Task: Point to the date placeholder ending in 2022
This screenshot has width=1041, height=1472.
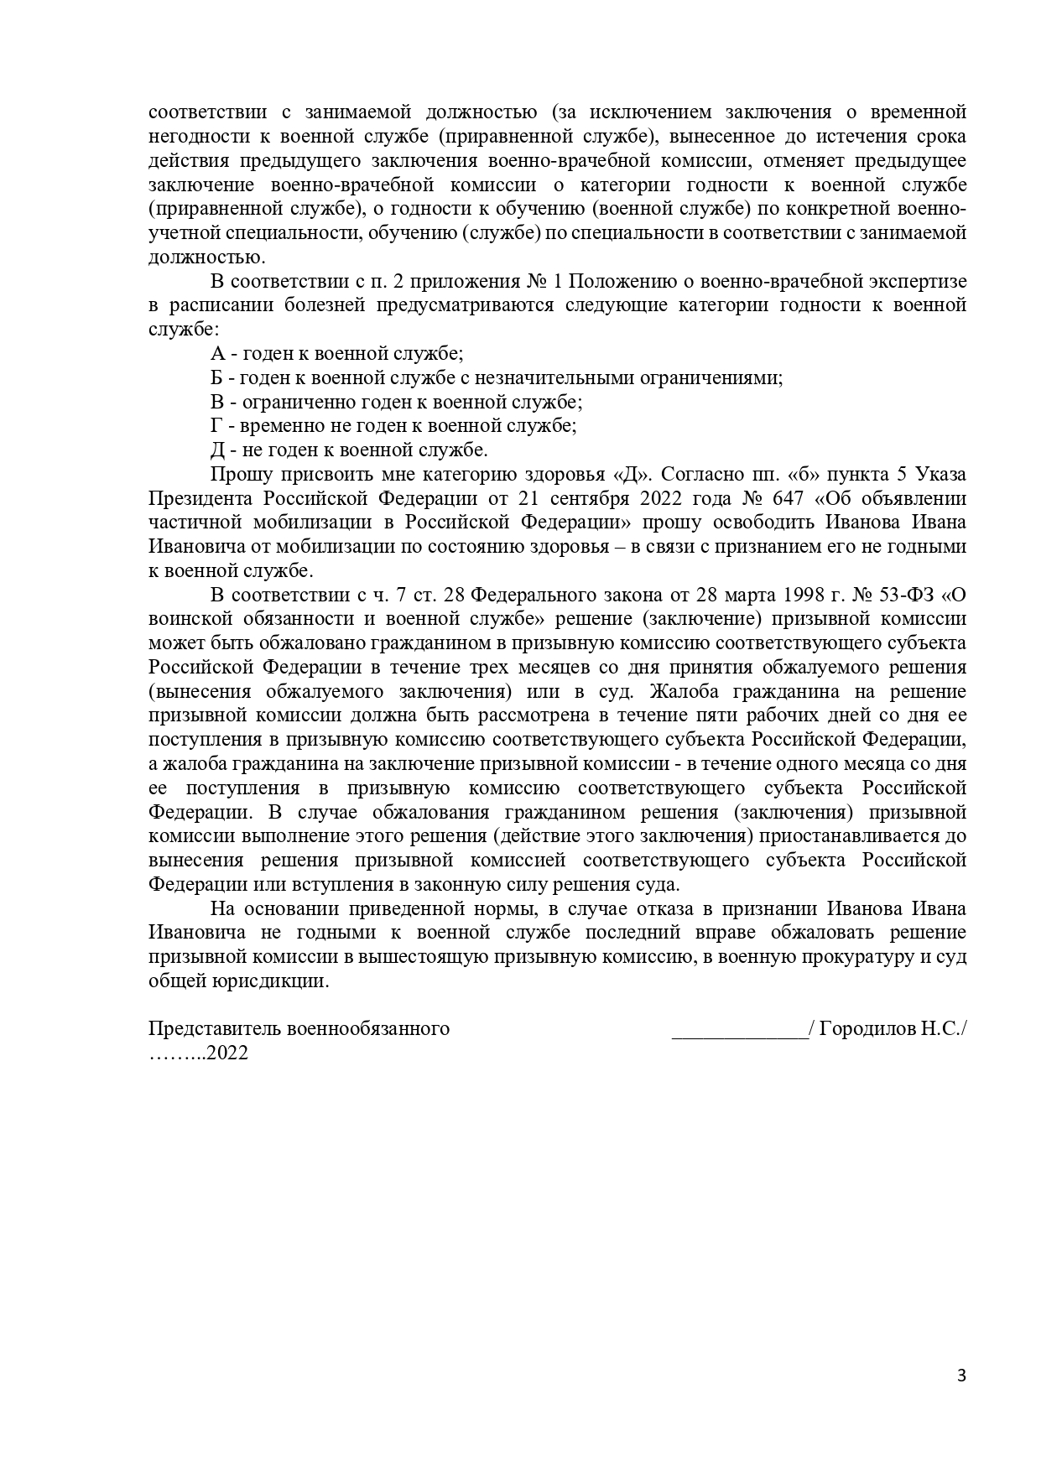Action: click(199, 1053)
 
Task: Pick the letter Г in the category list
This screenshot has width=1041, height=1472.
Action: click(216, 425)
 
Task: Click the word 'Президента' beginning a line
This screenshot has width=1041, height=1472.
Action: click(200, 498)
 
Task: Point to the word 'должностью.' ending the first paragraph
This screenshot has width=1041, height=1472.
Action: click(206, 257)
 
